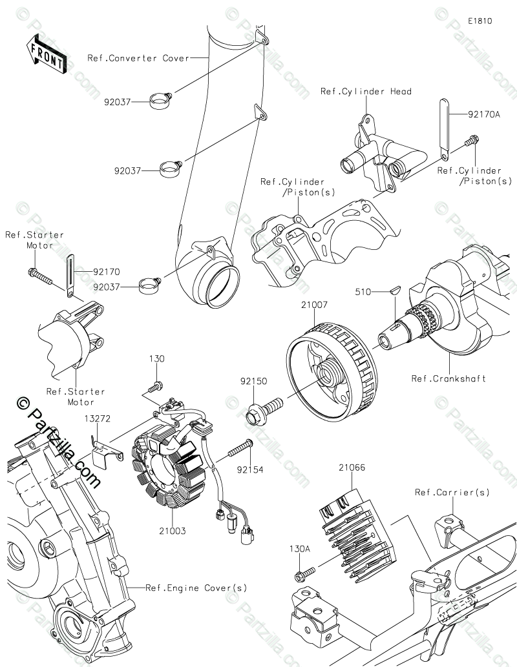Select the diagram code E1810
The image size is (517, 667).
(480, 21)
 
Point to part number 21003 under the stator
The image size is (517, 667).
(174, 531)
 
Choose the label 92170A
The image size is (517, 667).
(484, 114)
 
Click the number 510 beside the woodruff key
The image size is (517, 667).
(364, 291)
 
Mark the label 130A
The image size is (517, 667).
(299, 549)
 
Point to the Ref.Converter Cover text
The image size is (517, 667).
(138, 58)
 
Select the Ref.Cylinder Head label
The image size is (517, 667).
(366, 92)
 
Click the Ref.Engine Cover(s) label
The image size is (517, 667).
(187, 588)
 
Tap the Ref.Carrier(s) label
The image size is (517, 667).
(452, 493)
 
